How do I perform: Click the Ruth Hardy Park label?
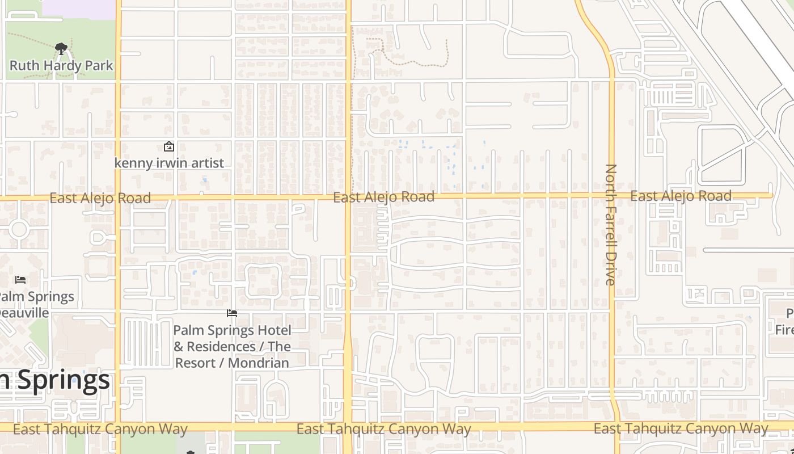pos(61,65)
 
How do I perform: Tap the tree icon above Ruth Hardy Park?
pos(61,49)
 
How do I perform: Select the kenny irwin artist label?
pos(169,163)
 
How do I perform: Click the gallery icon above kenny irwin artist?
pos(169,147)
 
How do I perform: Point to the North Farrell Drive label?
pos(611,224)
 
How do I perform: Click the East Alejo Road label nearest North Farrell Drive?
pos(681,196)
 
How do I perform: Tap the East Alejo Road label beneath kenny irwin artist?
pos(100,198)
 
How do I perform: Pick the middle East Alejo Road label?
pos(383,197)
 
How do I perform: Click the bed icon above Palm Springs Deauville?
pos(20,280)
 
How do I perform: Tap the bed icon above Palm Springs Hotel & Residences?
pos(231,313)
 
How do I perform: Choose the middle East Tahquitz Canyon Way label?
pos(383,429)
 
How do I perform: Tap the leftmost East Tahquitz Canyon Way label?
pos(100,429)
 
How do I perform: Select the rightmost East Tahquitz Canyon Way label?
pos(681,428)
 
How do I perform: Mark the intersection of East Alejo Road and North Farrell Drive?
pos(611,196)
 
